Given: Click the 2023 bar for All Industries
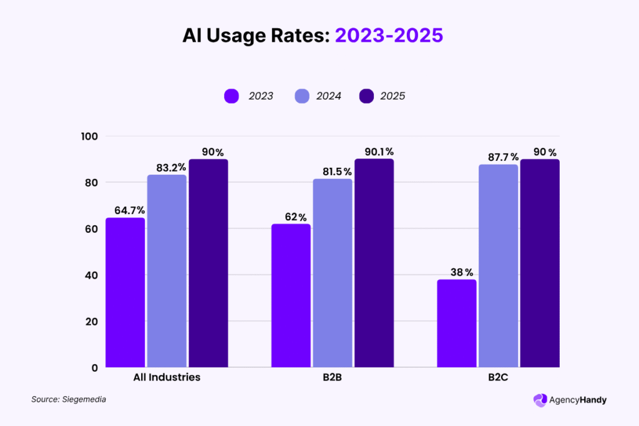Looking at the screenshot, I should [125, 293].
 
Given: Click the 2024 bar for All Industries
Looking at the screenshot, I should [167, 271].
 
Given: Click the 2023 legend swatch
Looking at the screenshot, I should [232, 96].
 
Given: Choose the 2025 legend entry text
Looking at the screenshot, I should [393, 96].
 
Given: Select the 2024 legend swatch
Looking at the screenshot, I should [301, 96].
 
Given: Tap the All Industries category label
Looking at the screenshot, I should [167, 377].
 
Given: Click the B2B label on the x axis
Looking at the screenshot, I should [332, 377].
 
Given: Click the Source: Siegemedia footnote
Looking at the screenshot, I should [69, 399].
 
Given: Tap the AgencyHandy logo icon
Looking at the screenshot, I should [540, 400].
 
